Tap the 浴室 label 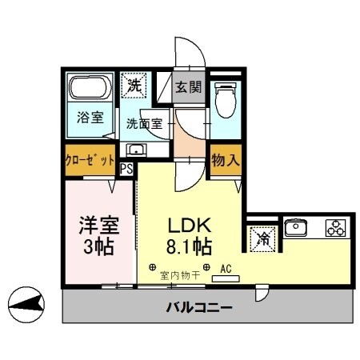pos(90,117)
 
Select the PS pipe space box pos(126,169)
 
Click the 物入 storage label pos(224,160)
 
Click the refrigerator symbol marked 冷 pos(260,237)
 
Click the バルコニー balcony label pos(199,307)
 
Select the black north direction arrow pos(24,302)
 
